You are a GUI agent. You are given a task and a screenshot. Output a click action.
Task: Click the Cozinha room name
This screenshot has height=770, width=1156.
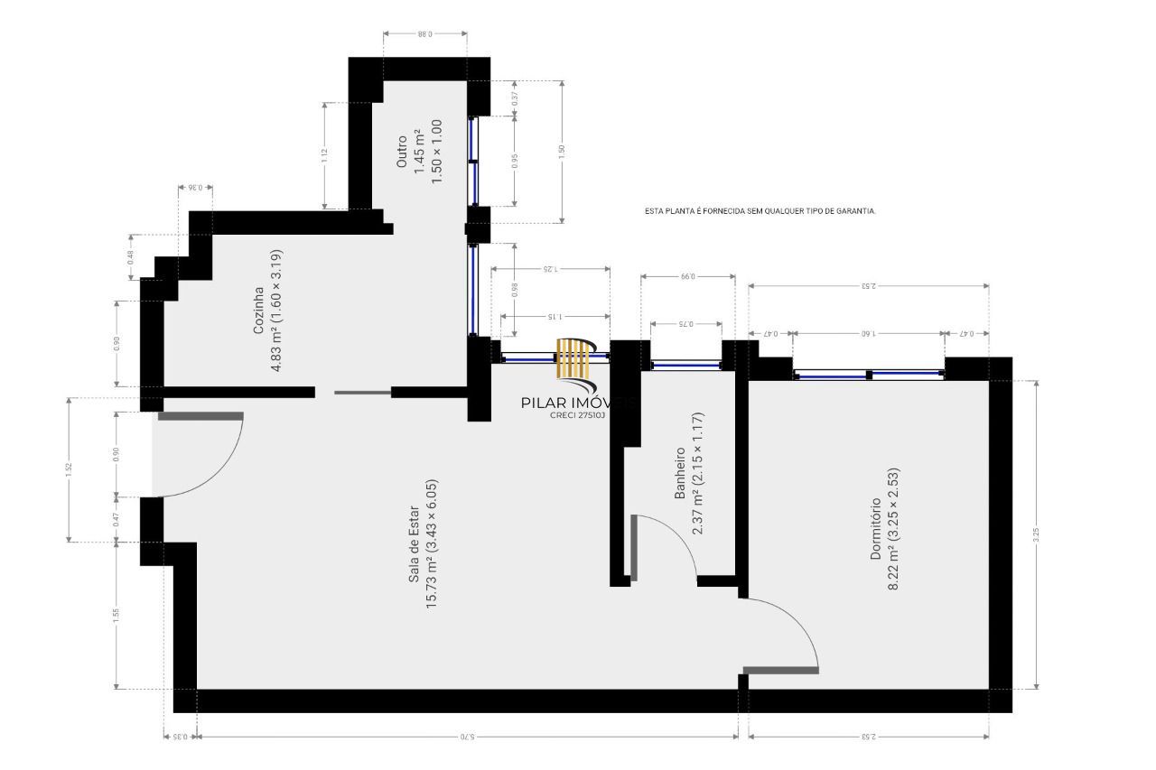(x=258, y=311)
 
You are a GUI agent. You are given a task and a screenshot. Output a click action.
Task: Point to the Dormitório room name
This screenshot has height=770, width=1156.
(x=875, y=528)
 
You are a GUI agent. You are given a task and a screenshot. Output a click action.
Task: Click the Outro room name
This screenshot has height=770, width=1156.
(x=402, y=152)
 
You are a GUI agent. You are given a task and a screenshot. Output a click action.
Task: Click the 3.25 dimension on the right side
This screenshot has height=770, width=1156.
(x=1036, y=533)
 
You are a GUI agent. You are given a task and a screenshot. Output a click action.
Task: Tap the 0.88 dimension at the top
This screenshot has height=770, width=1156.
(x=424, y=33)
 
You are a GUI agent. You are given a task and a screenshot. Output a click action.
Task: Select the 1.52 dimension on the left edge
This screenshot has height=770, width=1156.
(x=68, y=469)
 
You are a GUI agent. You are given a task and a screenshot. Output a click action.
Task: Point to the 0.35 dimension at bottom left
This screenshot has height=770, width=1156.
(x=180, y=737)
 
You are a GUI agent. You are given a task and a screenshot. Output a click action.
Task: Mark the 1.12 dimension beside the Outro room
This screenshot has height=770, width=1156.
(x=323, y=154)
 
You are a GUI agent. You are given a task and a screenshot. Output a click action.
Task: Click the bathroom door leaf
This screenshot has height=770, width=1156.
(x=634, y=547)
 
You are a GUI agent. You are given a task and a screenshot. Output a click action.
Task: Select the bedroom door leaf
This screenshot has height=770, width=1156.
(x=780, y=670)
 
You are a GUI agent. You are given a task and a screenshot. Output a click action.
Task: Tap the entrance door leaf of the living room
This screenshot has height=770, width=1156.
(x=200, y=416)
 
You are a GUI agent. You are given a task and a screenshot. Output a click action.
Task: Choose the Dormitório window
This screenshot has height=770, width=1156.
(x=868, y=374)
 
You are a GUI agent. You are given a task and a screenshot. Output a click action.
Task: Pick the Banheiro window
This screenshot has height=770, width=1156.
(x=685, y=365)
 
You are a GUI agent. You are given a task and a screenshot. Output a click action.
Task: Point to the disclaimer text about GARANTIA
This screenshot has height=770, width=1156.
(x=760, y=210)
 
